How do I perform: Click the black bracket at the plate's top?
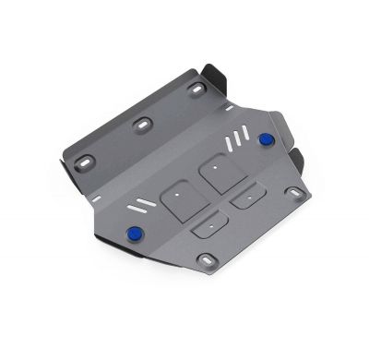coord(215,73)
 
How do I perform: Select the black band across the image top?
coord(184,24)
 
